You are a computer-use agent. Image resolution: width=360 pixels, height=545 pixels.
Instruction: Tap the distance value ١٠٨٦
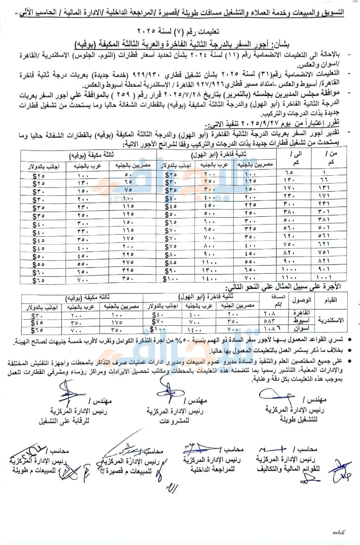click(281, 329)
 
